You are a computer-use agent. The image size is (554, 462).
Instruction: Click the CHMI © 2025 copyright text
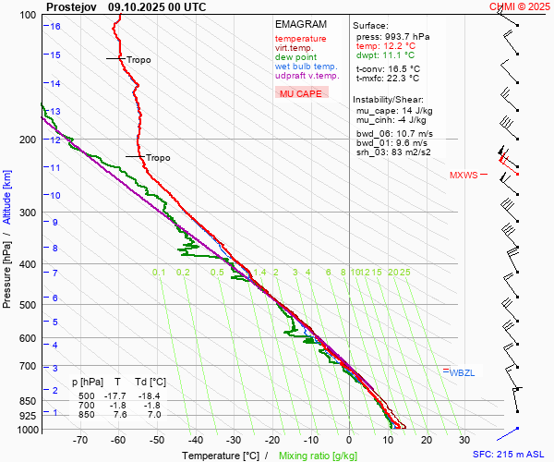point(521,6)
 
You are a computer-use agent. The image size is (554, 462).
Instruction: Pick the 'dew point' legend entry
point(295,57)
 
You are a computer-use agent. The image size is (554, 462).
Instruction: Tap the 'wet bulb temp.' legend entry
point(306,67)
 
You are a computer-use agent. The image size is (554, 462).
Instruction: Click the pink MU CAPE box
point(301,93)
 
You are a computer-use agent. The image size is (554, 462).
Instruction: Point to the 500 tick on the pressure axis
point(29,305)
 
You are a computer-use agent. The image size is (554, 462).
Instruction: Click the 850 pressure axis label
point(29,401)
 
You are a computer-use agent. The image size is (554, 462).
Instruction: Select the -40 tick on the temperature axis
point(195,440)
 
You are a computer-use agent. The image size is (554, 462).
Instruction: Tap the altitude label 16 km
point(55,26)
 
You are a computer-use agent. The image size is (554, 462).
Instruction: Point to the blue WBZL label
point(461,372)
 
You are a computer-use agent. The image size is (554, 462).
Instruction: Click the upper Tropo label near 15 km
point(138,59)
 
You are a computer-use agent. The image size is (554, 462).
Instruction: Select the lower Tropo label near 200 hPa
point(158,158)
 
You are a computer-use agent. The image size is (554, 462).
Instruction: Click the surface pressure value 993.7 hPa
point(399,36)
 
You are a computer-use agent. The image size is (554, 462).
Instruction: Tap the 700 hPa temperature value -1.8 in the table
point(117,406)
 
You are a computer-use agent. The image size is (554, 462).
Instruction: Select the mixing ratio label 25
point(404,273)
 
